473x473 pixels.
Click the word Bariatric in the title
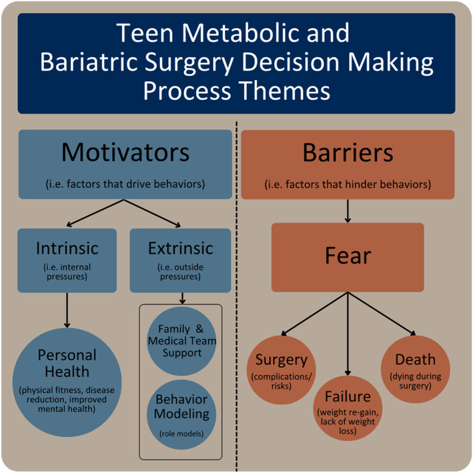click(x=89, y=62)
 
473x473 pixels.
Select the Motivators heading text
click(x=125, y=153)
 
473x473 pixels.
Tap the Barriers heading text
click(x=348, y=153)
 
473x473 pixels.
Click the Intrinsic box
click(x=67, y=260)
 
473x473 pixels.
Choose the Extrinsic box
click(x=180, y=260)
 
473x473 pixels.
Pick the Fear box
click(x=348, y=257)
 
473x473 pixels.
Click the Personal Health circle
click(x=67, y=382)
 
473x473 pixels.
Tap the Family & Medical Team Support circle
click(x=181, y=341)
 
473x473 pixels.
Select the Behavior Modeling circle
click(x=181, y=414)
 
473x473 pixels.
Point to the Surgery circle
click(x=282, y=370)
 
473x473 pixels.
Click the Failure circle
click(x=348, y=408)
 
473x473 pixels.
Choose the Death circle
click(x=416, y=369)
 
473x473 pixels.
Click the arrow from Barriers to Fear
click(x=348, y=211)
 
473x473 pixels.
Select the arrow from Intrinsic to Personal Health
click(x=67, y=310)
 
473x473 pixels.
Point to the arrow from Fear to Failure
click(x=348, y=334)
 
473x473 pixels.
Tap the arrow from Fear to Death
click(x=382, y=313)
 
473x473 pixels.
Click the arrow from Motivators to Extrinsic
click(x=152, y=213)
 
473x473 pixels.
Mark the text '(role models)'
click(x=181, y=434)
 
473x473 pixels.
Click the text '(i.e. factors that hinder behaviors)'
click(x=348, y=185)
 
